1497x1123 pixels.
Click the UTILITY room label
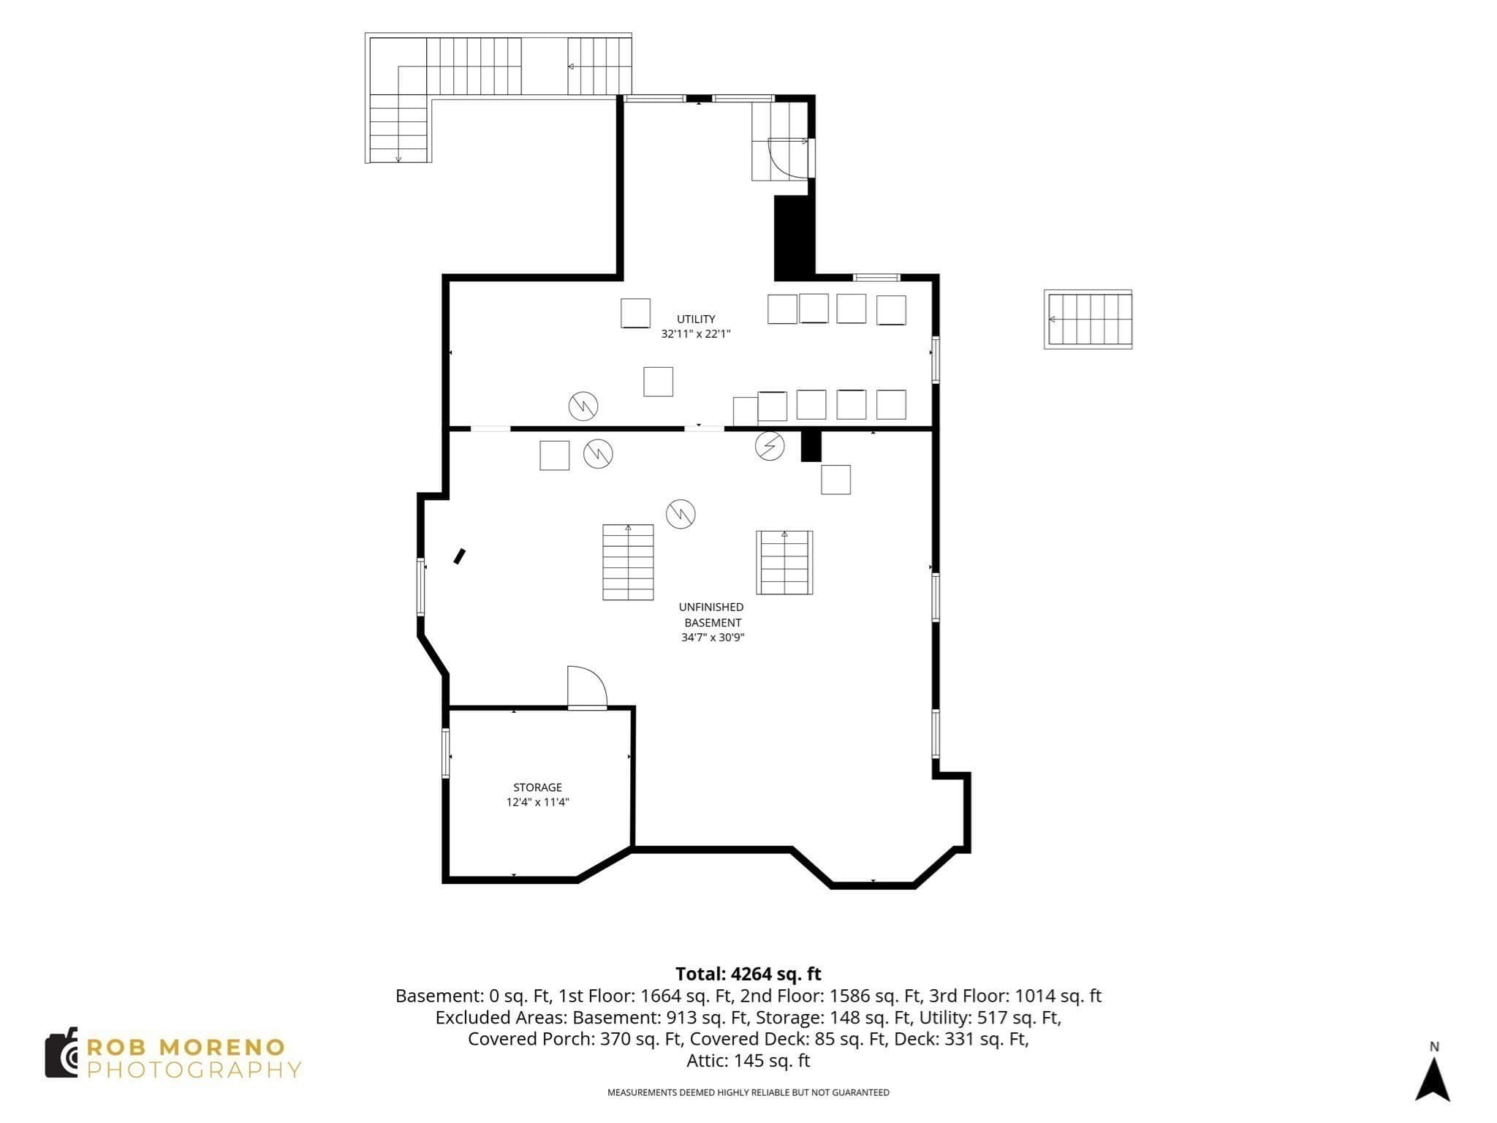tap(696, 319)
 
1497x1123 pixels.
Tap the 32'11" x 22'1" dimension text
tap(696, 334)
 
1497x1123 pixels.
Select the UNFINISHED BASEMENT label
tap(712, 615)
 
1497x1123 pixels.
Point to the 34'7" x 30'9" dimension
tap(713, 638)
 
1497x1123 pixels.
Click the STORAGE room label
tap(537, 787)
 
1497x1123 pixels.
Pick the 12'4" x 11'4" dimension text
tap(537, 802)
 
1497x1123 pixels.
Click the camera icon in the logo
tap(61, 1053)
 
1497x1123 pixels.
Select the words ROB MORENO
tap(186, 1047)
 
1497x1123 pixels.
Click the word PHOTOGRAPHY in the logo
tap(194, 1070)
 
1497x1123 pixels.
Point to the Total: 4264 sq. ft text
tap(748, 974)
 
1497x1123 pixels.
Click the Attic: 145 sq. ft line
tap(748, 1060)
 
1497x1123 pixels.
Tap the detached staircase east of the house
tap(1088, 319)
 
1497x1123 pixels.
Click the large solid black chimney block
tap(794, 238)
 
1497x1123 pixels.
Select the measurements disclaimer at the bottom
tap(748, 1092)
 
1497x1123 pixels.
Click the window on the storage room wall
tap(445, 753)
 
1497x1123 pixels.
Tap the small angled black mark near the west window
tap(459, 556)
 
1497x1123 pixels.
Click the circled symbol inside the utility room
tap(583, 406)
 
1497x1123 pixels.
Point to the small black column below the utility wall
tap(811, 446)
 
